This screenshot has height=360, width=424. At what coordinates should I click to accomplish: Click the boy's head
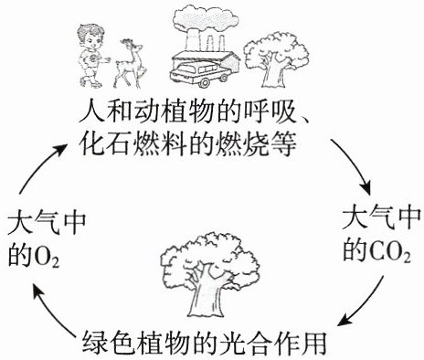pos(90,36)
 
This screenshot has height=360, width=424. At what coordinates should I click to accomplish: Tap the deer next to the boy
pos(129,63)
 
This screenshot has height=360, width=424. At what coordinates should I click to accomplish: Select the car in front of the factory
pos(199,74)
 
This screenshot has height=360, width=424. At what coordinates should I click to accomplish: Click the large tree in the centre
pos(210,274)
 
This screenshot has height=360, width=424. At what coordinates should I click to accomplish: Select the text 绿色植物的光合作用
pos(204,344)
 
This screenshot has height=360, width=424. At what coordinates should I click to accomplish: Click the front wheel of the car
pos(205,82)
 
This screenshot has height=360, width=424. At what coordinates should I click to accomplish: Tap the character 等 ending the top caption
pos(283,143)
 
